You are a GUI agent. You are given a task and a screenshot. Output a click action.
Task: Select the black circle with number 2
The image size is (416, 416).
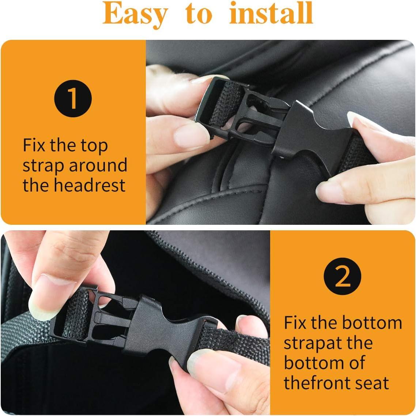[343, 277]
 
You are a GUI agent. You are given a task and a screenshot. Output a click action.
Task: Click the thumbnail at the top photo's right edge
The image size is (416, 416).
[360, 121]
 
